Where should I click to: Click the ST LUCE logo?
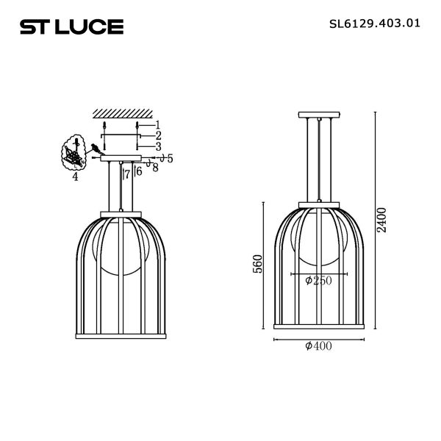[x=71, y=27]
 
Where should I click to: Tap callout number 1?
[x=158, y=126]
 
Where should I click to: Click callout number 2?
[x=158, y=136]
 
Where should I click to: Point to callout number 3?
[x=158, y=146]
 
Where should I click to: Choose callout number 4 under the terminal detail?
[x=75, y=176]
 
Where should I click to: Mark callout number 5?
[x=170, y=158]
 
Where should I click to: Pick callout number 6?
[x=138, y=171]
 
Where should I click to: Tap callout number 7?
[x=127, y=174]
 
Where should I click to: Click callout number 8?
[x=155, y=168]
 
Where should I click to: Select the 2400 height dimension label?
[x=381, y=220]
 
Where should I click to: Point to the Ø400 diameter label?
[x=318, y=346]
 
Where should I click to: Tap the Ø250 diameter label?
[x=318, y=281]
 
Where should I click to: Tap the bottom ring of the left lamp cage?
[x=121, y=326]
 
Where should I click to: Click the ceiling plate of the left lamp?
[x=121, y=157]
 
